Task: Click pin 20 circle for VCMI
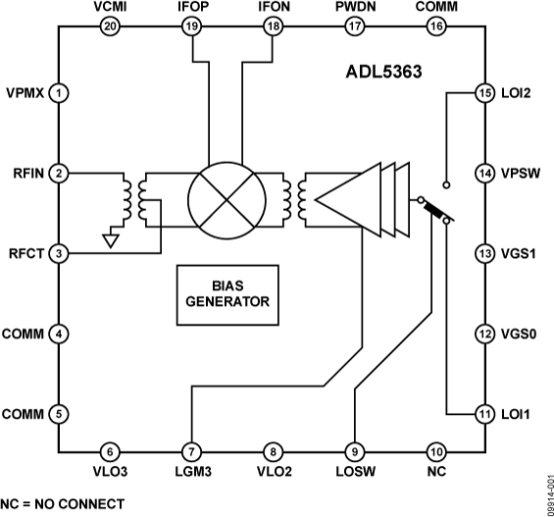tap(110, 27)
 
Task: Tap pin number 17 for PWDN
tap(353, 27)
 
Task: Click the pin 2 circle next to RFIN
tap(60, 174)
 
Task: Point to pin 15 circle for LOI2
tap(483, 93)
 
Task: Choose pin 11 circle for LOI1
tap(483, 413)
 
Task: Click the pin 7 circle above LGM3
tap(191, 452)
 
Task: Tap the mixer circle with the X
tap(227, 195)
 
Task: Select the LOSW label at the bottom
tap(354, 473)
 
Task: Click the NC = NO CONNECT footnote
tap(63, 504)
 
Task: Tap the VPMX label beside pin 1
tap(25, 93)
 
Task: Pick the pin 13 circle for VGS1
tap(483, 254)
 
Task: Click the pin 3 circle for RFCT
tap(60, 254)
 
